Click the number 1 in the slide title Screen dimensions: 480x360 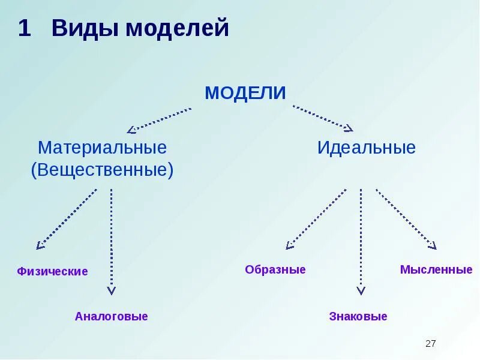point(24,28)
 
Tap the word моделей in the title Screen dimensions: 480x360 point(178,28)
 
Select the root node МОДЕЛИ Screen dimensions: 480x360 point(245,93)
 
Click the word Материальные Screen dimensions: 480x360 point(102,148)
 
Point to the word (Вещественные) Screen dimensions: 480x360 point(102,170)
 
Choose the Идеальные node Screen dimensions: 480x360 point(366,148)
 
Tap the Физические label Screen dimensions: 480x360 point(52,272)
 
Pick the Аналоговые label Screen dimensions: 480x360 point(111,316)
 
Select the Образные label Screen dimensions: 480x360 point(275,270)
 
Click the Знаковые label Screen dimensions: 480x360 point(358,317)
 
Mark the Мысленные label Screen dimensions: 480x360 point(436,270)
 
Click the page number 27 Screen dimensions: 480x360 point(430,344)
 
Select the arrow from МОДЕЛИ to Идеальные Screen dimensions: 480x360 point(323,118)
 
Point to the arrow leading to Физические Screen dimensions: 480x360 point(67,218)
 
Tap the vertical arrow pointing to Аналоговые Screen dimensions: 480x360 point(112,240)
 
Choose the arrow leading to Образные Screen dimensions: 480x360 point(316,219)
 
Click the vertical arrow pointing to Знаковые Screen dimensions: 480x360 point(361,240)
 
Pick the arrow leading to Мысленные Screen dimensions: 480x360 point(406,219)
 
